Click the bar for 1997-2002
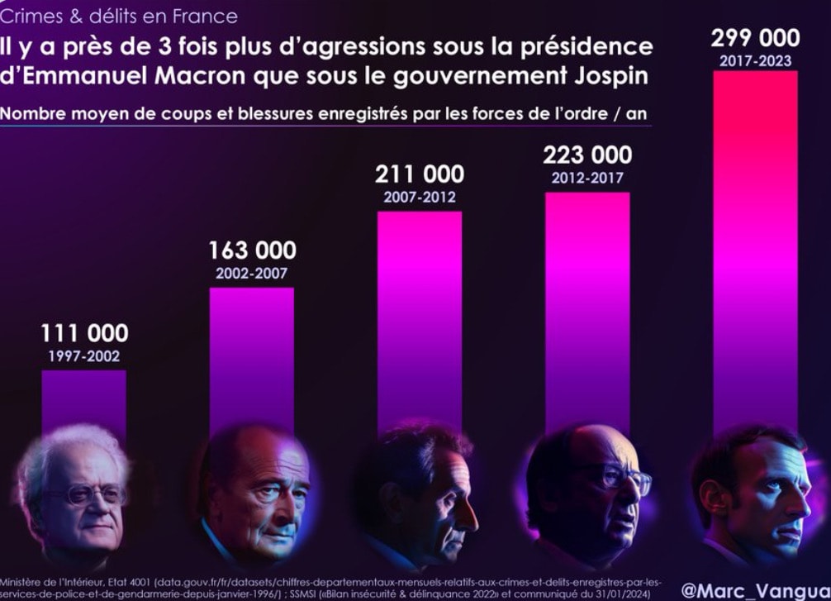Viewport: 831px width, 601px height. click(84, 401)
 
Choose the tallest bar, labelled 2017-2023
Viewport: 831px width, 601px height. click(755, 248)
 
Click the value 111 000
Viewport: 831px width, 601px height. click(84, 334)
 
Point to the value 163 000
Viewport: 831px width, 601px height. click(252, 250)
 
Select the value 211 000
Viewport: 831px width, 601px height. click(420, 175)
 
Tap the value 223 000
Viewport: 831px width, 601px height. click(587, 155)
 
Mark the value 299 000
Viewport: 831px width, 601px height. click(755, 38)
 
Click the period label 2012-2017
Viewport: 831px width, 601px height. click(587, 178)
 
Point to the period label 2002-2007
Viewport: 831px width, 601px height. click(252, 273)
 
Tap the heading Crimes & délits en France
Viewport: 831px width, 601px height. click(119, 16)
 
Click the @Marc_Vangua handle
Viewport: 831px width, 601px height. click(755, 591)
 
